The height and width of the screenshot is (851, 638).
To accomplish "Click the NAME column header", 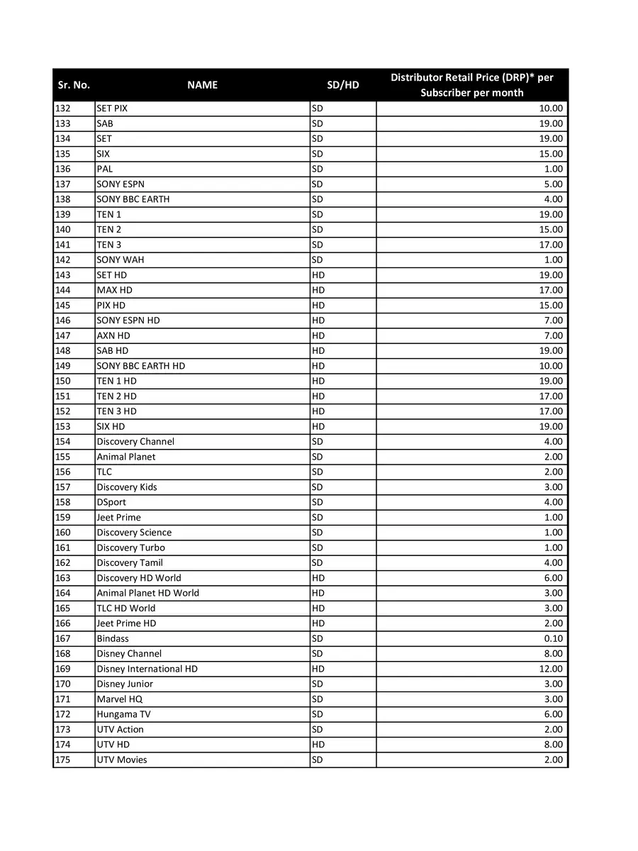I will point(202,85).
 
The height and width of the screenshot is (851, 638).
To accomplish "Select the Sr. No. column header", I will point(73,85).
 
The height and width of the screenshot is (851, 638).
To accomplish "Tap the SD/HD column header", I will point(342,85).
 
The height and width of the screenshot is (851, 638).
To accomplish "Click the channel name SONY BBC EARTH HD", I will point(140,366).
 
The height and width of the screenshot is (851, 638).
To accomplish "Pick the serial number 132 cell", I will point(63,109).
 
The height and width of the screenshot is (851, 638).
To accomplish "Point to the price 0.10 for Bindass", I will point(552,638).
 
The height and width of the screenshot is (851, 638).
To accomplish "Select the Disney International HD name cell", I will point(147,669).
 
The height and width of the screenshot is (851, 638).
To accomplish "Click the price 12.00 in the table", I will point(551,669).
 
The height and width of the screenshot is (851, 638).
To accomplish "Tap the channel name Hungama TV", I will point(123,714).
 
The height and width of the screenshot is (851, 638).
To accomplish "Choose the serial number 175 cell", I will point(63,760).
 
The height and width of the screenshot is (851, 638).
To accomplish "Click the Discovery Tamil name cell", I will point(130,562).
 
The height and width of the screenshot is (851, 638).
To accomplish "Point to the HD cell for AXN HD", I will point(318,335).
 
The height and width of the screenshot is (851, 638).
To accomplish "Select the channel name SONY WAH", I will point(120,260).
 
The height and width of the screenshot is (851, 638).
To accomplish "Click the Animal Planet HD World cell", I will point(147,593).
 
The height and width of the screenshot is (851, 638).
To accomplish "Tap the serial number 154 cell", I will point(63,441).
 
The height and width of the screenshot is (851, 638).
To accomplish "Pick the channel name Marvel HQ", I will point(119,699).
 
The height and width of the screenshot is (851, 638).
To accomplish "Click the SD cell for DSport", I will point(318,502).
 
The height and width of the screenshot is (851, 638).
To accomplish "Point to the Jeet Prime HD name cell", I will point(126,623).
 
